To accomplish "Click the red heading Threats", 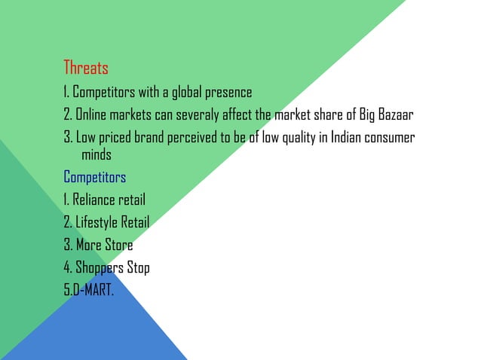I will [85, 68].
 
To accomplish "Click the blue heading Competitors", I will [94, 178].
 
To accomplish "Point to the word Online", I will [92, 115].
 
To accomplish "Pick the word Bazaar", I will [397, 115].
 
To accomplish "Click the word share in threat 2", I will [329, 115].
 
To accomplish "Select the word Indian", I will [337, 138].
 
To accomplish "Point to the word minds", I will [96, 155].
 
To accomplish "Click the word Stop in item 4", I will [138, 267].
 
